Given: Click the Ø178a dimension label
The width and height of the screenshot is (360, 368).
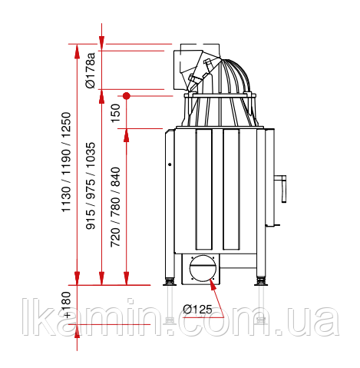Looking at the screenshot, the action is pyautogui.click(x=91, y=70).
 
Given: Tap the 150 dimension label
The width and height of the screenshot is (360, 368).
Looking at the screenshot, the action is pyautogui.click(x=115, y=113).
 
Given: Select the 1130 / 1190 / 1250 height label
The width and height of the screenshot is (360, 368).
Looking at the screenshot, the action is pyautogui.click(x=66, y=162).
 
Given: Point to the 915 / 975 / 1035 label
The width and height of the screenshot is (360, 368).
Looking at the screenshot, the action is pyautogui.click(x=91, y=186).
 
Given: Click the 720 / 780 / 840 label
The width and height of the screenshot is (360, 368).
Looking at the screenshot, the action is pyautogui.click(x=115, y=207).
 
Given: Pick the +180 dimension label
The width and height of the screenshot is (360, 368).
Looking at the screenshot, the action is pyautogui.click(x=67, y=305).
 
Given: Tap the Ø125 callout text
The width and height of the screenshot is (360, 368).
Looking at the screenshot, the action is pyautogui.click(x=197, y=309).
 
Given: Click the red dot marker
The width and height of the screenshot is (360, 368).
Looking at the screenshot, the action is pyautogui.click(x=127, y=96).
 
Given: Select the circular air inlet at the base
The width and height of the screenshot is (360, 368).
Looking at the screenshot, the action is pyautogui.click(x=203, y=268).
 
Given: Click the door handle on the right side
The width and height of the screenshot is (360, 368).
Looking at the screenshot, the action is pyautogui.click(x=281, y=188).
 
